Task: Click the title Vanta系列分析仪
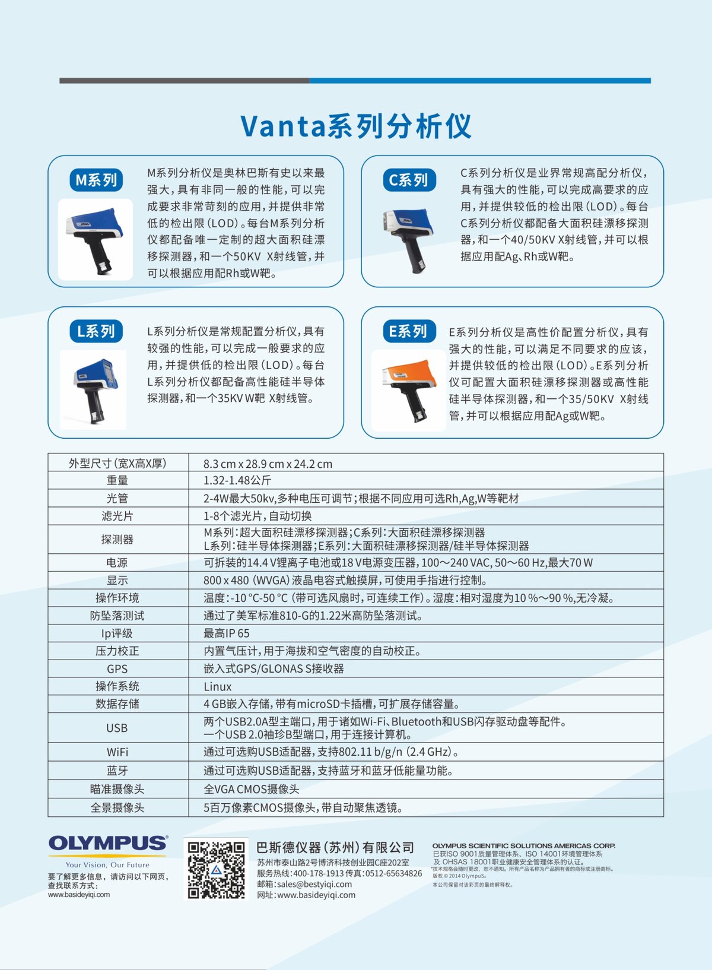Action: tap(356, 126)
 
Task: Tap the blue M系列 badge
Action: tap(96, 180)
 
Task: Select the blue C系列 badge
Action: tap(409, 180)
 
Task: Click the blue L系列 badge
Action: tap(96, 331)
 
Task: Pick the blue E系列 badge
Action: tap(409, 331)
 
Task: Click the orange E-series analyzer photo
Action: tap(408, 390)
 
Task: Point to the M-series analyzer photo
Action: tap(95, 239)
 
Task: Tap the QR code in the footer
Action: tap(216, 869)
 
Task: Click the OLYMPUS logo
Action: tap(108, 844)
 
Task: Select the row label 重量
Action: tap(117, 480)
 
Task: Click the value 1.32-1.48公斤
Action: tap(237, 480)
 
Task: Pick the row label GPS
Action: tap(117, 669)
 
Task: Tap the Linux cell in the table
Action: tap(218, 687)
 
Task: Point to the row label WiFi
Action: tap(117, 752)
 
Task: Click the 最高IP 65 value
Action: tap(227, 633)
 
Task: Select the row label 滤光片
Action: tap(117, 516)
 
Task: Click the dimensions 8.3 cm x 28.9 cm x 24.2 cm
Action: tap(268, 464)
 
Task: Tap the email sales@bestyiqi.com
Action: tap(304, 884)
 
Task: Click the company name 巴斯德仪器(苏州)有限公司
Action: tap(335, 847)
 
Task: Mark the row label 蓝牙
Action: tap(117, 771)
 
